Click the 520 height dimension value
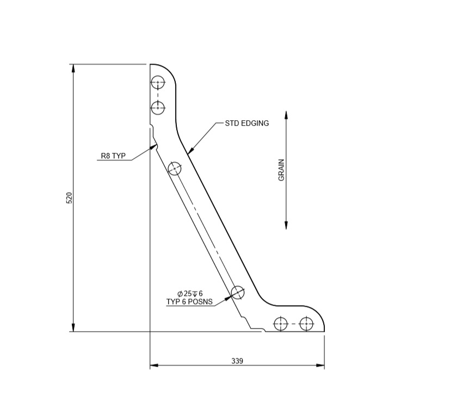(x=69, y=198)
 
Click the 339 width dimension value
(x=237, y=361)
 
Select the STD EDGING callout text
(x=247, y=123)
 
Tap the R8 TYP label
(x=113, y=156)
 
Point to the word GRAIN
(x=282, y=170)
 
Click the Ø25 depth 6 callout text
(x=189, y=294)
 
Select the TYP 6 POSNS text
(x=189, y=301)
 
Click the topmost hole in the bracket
(x=158, y=84)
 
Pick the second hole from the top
(x=158, y=108)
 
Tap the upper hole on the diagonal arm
(x=175, y=169)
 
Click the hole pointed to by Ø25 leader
(x=238, y=292)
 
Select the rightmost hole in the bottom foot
(x=307, y=324)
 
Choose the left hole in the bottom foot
(x=280, y=324)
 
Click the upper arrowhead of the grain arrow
(x=286, y=115)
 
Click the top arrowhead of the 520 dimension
(x=73, y=68)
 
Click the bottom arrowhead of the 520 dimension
(x=73, y=327)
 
